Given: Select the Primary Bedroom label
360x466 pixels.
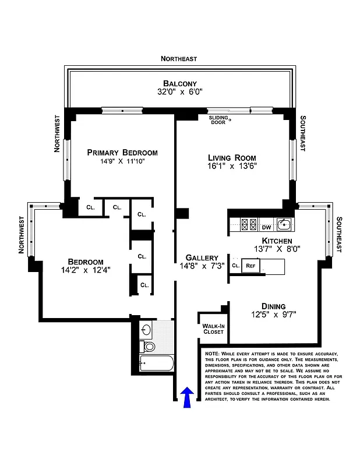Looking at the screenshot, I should pyautogui.click(x=122, y=152).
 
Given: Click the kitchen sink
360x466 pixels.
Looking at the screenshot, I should pyautogui.click(x=283, y=224).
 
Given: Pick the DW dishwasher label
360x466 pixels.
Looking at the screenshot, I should pyautogui.click(x=266, y=227).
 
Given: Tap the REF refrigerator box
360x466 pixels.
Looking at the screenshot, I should pyautogui.click(x=250, y=266).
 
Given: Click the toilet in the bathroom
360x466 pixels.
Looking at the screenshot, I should pyautogui.click(x=149, y=347).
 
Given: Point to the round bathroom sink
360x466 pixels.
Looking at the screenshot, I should pyautogui.click(x=146, y=330).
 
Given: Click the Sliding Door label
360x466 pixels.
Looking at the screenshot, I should pyautogui.click(x=220, y=121).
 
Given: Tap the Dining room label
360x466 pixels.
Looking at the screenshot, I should pyautogui.click(x=273, y=306).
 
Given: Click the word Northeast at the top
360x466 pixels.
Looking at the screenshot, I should pyautogui.click(x=179, y=59).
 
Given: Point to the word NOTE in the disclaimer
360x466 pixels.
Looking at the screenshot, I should pyautogui.click(x=213, y=354).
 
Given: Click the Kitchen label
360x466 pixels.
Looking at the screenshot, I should pyautogui.click(x=277, y=241).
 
